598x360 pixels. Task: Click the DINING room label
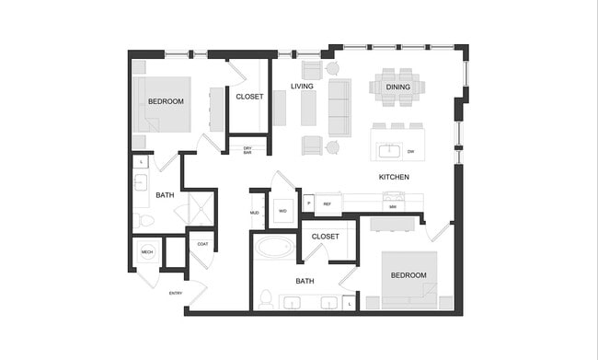pos(398,87)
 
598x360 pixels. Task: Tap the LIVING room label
pos(303,87)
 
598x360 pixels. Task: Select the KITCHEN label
pos(394,177)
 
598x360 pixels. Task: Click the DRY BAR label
pos(247,149)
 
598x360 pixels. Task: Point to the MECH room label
pos(147,251)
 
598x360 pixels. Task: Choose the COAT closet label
pos(202,244)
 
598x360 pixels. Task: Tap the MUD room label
pos(255,214)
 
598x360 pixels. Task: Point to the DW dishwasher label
pos(410,150)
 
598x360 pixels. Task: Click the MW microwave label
pos(393,207)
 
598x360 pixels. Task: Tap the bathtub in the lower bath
pos(274,247)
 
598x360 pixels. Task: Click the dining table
pos(398,87)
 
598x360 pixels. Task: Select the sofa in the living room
pos(339,106)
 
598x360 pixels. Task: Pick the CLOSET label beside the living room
pos(249,96)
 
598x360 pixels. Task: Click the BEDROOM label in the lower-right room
pos(408,275)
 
